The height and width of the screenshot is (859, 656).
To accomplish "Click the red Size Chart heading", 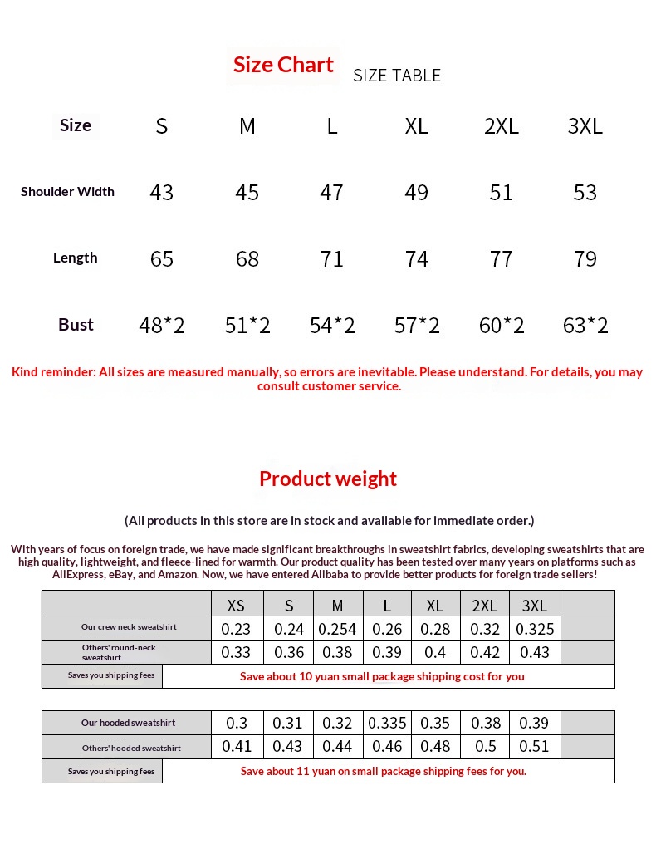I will [x=283, y=65].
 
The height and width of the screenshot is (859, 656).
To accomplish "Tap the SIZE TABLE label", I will [x=397, y=76].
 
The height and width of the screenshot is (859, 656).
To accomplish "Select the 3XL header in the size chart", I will [x=585, y=126].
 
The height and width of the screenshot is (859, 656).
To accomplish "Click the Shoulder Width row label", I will [x=67, y=192].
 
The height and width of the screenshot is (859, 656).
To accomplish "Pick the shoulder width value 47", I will [x=331, y=193].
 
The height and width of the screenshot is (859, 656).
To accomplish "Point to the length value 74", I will [x=416, y=259].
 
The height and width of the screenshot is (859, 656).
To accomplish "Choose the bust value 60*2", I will [x=502, y=326].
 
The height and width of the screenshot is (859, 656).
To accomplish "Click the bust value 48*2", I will [x=162, y=326].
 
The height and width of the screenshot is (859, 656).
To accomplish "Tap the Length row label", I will [x=75, y=258].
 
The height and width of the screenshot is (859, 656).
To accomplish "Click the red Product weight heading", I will [x=328, y=479].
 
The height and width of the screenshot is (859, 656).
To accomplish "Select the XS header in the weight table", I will [x=236, y=606].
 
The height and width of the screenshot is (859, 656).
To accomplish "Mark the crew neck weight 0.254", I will [x=337, y=629].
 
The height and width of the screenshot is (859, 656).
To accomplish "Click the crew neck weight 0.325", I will [x=535, y=629].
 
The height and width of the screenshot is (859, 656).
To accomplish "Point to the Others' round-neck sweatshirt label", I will [x=119, y=652].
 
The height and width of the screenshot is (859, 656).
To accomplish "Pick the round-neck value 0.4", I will [x=434, y=653].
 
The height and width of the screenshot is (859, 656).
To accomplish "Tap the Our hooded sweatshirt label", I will [x=128, y=723].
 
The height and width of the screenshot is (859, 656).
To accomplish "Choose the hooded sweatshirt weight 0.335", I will [x=386, y=724].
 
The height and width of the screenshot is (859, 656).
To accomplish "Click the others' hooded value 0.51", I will [x=534, y=747].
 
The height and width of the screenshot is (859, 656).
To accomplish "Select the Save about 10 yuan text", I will [x=382, y=676].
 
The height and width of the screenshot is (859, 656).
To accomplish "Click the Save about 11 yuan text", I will [x=383, y=771].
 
